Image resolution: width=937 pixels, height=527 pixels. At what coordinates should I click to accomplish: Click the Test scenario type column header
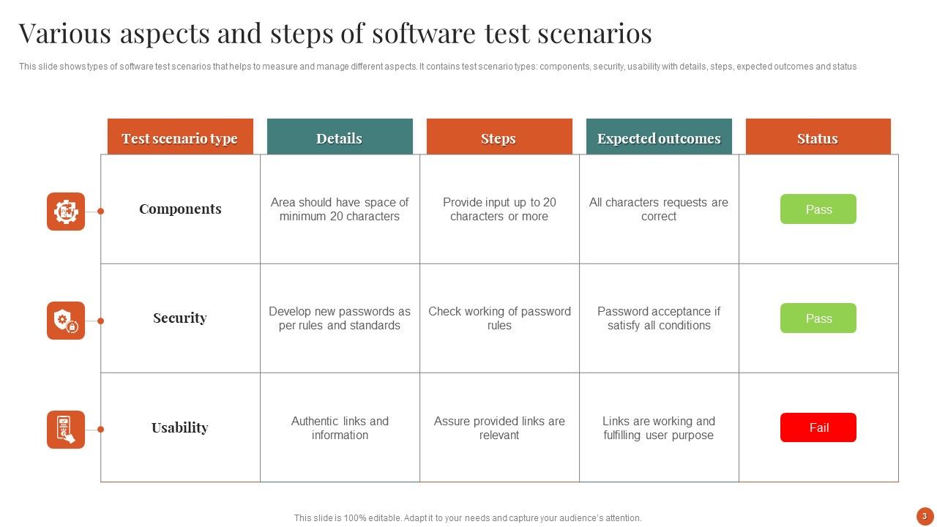[180, 138]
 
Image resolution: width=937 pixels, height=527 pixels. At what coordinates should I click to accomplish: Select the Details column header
[340, 138]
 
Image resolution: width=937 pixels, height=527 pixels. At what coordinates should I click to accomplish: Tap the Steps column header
[499, 138]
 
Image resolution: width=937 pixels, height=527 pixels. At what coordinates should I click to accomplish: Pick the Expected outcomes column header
[659, 138]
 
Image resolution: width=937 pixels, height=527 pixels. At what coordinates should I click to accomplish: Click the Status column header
[818, 138]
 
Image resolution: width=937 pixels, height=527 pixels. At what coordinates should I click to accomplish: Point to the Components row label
[180, 209]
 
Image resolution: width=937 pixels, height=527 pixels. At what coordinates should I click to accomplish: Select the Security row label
[180, 318]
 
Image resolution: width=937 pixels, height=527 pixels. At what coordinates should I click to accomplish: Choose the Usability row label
[180, 427]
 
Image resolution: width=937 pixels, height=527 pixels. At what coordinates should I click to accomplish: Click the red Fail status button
[818, 427]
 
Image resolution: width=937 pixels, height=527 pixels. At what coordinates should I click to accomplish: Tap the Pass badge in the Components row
[818, 209]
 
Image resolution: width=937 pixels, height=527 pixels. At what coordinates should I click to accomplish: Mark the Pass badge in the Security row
[818, 318]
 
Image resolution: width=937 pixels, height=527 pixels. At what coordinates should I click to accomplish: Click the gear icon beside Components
[66, 212]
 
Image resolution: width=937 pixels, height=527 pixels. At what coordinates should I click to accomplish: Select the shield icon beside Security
[66, 321]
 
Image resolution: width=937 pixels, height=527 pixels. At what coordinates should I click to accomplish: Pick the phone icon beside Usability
[66, 430]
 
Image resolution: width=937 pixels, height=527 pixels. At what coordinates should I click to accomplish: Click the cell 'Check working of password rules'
[499, 318]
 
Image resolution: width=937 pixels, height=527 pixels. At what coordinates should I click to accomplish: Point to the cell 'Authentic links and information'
[340, 428]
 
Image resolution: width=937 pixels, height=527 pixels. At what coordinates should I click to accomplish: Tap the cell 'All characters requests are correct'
[659, 209]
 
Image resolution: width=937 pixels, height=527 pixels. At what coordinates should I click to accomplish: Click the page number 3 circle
[925, 516]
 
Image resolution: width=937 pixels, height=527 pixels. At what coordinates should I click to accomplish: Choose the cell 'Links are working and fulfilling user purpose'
[659, 428]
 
